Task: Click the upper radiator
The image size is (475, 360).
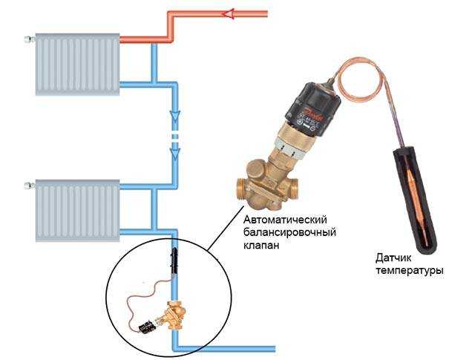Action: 77,65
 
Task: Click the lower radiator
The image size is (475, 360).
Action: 77,211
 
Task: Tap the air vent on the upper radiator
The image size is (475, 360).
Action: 30,39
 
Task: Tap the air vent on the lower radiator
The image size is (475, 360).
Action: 30,185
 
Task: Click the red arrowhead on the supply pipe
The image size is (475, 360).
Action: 228,14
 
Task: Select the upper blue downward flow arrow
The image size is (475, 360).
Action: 175,116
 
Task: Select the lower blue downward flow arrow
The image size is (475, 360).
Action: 175,154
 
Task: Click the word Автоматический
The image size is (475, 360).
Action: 285,220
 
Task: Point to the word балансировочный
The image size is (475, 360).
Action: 290,233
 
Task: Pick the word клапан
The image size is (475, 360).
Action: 261,245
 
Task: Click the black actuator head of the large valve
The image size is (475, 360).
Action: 313,107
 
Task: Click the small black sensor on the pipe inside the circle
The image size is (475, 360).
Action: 174,260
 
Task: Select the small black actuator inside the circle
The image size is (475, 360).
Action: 147,327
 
